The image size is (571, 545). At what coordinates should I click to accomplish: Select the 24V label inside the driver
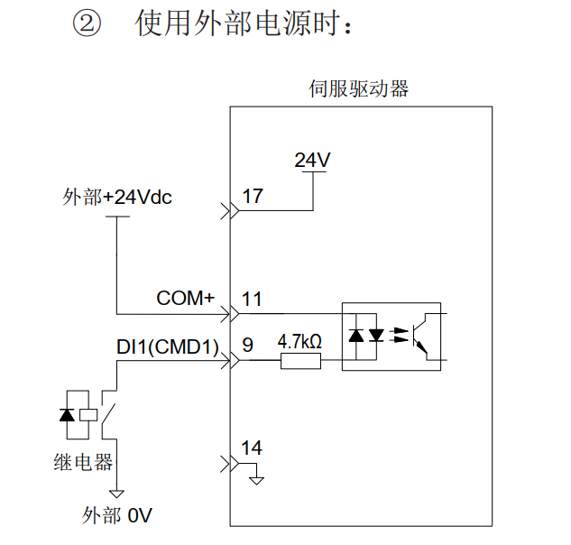point(313,161)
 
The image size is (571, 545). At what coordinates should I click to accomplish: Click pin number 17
point(253,196)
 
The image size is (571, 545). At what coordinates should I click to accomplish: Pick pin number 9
point(248,344)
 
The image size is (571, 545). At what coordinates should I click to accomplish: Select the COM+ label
point(185,298)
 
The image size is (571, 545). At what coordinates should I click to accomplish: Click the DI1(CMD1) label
point(169,346)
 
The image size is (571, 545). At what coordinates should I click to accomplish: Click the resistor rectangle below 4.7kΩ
point(300,362)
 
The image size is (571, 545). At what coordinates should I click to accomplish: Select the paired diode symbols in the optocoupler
point(366,337)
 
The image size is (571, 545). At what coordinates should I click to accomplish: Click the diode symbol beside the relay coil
point(65,414)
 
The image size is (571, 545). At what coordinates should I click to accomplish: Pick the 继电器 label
point(83,462)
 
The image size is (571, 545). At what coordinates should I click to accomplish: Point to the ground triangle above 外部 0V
point(116,494)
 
